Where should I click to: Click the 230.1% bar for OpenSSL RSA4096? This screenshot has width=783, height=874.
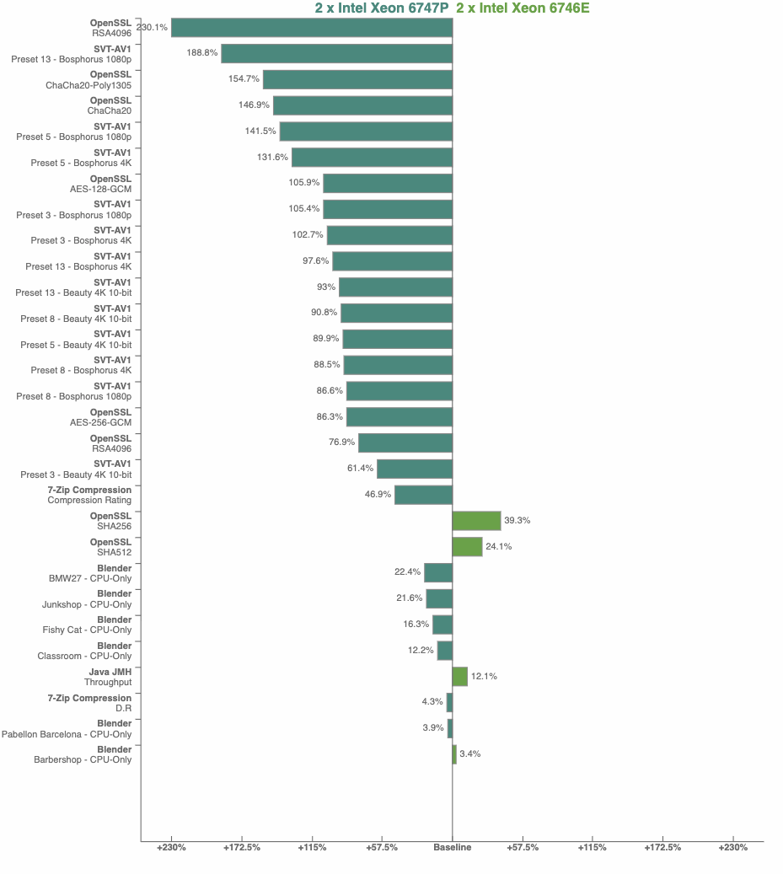click(312, 28)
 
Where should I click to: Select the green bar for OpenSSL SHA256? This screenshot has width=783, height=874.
click(476, 521)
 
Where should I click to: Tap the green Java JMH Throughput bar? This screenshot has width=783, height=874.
click(459, 677)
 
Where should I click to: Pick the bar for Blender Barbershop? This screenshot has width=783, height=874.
click(454, 754)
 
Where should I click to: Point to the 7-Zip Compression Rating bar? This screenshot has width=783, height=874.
click(423, 495)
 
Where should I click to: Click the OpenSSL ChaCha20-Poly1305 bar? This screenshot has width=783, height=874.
click(357, 79)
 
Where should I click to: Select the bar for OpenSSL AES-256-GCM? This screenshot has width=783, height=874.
click(399, 417)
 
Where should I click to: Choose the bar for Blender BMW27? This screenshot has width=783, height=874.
click(438, 573)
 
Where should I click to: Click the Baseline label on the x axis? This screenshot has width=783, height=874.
click(453, 847)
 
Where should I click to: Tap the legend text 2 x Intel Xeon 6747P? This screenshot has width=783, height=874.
click(381, 8)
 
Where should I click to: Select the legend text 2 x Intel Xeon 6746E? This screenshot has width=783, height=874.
click(523, 8)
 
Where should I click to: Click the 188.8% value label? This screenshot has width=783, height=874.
click(202, 53)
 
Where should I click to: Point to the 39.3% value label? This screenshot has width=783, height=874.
click(517, 521)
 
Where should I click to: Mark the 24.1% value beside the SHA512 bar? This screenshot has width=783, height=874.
click(498, 547)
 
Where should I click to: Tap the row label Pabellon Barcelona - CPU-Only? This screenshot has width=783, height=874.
click(67, 734)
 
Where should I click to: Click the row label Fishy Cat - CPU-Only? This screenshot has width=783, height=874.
click(87, 630)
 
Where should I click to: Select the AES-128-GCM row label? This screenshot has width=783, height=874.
click(100, 189)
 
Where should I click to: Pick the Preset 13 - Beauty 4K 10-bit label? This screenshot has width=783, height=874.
click(73, 293)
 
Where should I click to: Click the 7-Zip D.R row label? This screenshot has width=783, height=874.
click(123, 708)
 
